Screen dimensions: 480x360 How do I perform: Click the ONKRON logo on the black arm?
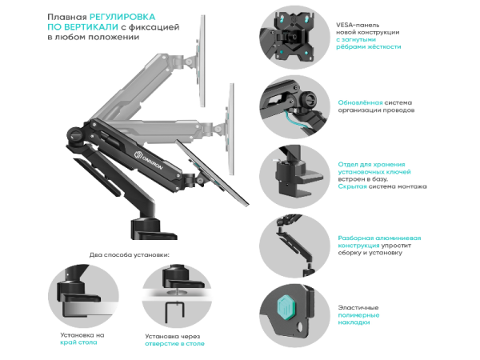point(149,160)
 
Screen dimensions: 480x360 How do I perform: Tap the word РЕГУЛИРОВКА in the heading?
point(122,17)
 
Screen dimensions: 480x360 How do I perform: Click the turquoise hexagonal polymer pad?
point(287,306)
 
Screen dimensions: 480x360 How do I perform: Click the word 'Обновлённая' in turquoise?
point(360,102)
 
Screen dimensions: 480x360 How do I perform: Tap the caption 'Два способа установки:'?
point(129,254)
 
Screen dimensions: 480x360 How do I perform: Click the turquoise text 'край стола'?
point(78,342)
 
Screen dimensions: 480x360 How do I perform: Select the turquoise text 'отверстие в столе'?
point(174,343)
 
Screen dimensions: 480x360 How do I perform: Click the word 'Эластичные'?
point(358,307)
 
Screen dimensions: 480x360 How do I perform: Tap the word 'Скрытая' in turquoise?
point(352,186)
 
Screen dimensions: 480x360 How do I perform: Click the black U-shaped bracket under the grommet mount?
point(174,312)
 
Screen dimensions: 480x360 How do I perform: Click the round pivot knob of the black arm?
point(74,134)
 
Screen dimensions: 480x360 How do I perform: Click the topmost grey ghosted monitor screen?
point(202,61)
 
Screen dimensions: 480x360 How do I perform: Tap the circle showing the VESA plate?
point(294,38)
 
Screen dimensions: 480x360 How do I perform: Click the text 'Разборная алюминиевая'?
point(379,238)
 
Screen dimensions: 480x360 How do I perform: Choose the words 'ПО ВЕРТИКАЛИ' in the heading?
point(82,27)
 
